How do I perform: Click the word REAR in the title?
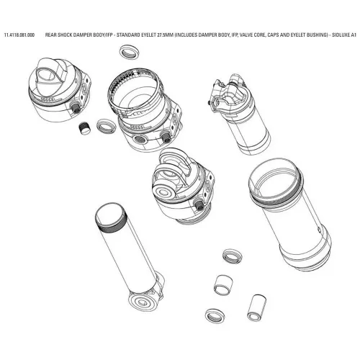[52, 35]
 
